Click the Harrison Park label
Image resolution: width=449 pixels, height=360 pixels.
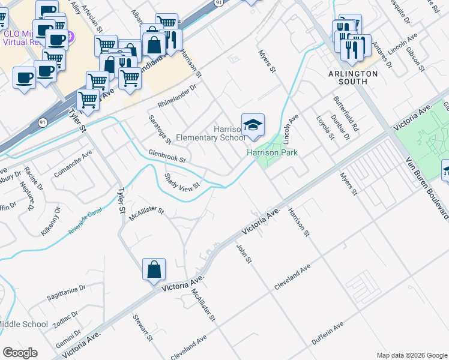click(x=273, y=153)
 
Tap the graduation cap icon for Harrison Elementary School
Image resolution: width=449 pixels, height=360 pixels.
click(x=253, y=125)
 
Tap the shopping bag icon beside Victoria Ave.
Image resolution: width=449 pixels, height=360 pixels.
click(x=154, y=269)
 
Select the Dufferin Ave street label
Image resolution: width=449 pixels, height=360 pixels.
click(x=327, y=334)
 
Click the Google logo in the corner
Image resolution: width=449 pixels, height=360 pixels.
click(x=20, y=353)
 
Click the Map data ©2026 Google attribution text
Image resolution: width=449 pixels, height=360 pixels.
click(x=411, y=355)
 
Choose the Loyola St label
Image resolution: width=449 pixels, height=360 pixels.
click(x=324, y=126)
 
